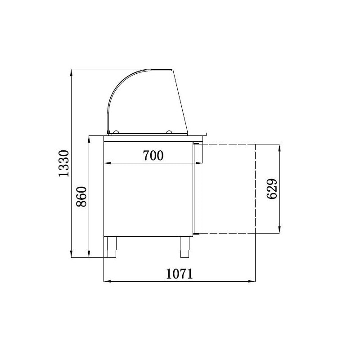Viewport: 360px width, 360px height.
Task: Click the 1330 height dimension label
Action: pos(64,163)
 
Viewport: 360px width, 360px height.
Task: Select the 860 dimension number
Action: pos(81,197)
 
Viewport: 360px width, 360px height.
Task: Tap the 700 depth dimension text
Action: pos(153,155)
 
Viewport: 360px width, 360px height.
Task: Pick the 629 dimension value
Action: pos(272,189)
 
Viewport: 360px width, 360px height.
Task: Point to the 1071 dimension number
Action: pos(179,274)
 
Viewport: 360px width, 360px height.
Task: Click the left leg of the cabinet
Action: pos(112,247)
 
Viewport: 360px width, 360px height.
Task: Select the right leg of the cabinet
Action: pos(184,247)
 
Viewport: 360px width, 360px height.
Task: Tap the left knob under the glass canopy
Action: pos(116,132)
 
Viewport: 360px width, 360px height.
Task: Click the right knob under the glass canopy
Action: pos(169,132)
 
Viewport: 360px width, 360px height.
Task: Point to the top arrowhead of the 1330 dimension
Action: pos(72,72)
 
